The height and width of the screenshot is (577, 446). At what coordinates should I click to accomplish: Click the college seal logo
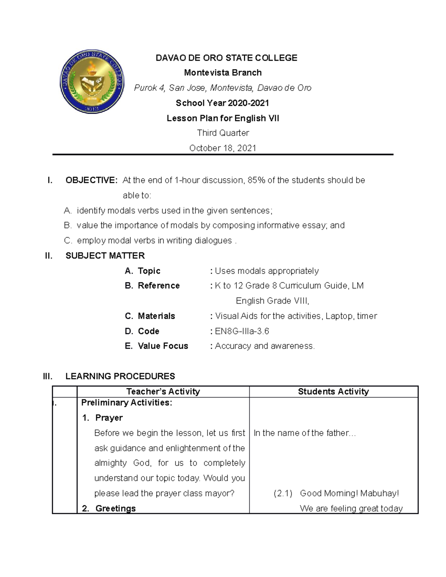pos(92,81)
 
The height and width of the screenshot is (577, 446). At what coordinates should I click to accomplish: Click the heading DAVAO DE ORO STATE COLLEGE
pos(226,58)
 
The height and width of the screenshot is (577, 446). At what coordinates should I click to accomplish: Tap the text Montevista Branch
pos(223,73)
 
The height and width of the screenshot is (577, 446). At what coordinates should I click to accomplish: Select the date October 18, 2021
pos(223,148)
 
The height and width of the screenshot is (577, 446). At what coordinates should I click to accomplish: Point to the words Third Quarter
pos(223,133)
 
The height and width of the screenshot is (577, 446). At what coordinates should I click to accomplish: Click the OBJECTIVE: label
pos(91,180)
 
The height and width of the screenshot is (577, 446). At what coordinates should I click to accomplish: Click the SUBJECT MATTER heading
pos(105,256)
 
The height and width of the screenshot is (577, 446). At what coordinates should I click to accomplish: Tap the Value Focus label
pos(163,346)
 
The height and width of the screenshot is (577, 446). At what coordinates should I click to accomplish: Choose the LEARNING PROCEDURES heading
pos(120,376)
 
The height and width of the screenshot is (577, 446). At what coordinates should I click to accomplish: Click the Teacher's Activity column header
pos(163,392)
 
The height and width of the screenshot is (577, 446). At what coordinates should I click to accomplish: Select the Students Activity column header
pos(333,392)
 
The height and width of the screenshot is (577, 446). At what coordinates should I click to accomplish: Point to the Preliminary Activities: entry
pos(127,403)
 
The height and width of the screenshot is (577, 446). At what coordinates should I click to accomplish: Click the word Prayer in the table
pos(109,418)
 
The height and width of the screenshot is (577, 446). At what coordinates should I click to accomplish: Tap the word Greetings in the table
pos(116,509)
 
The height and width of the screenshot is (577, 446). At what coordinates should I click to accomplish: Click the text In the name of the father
pos(304,433)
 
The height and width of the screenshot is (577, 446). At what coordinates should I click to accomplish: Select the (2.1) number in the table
pos(283,493)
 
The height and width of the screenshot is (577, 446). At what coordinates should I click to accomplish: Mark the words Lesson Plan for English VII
pos(223,119)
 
